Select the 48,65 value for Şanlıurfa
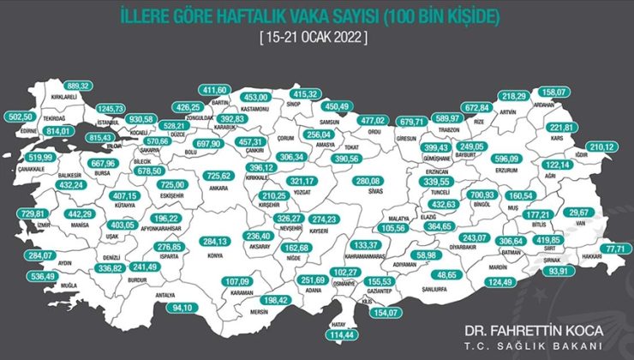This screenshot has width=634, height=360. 446,277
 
